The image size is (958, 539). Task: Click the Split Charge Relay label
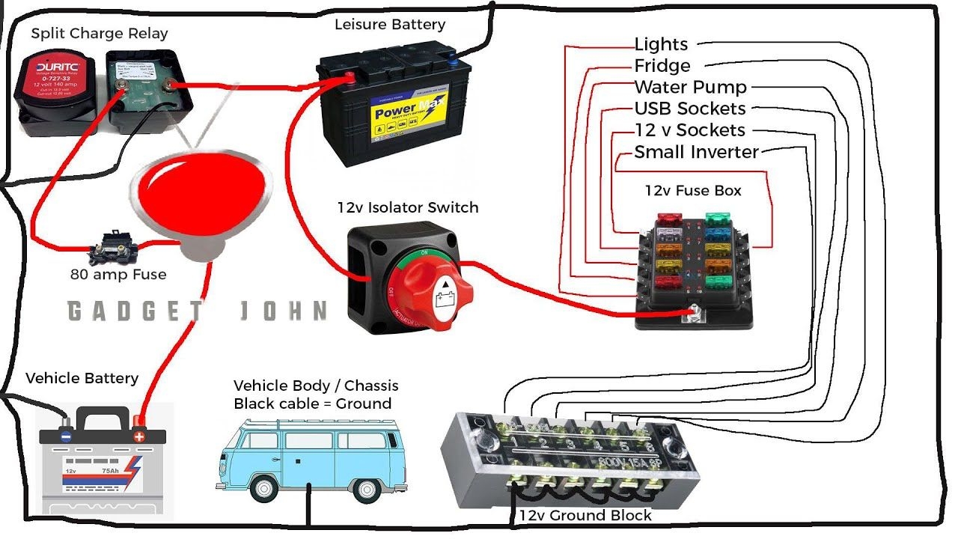(100, 34)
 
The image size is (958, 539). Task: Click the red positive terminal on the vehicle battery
(138, 436)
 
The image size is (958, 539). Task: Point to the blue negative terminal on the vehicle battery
(67, 436)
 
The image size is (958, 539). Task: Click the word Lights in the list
(661, 45)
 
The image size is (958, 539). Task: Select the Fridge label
(662, 66)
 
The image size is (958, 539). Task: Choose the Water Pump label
(690, 88)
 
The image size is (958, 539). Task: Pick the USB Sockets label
(689, 109)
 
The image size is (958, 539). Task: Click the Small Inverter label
(696, 152)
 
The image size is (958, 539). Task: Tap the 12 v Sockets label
(689, 130)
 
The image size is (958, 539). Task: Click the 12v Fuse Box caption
(693, 191)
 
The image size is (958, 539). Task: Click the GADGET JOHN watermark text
(197, 311)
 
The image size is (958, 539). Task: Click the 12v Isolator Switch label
(408, 207)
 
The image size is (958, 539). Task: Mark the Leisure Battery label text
(389, 25)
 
